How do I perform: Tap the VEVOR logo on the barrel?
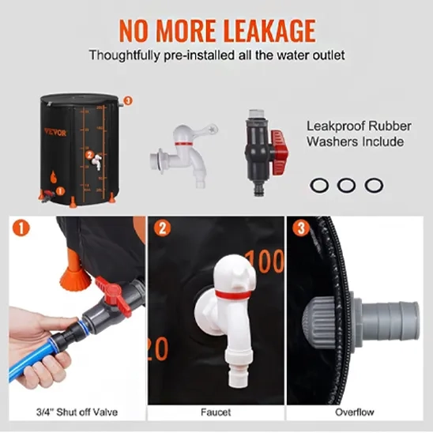[55, 132]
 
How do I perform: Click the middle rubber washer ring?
[346, 185]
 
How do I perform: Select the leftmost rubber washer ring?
[319, 185]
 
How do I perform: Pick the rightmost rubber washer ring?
[374, 185]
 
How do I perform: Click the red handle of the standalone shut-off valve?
[280, 152]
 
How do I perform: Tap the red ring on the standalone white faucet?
[183, 144]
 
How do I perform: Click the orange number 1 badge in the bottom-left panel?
[21, 228]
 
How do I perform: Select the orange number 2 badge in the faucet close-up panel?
[162, 228]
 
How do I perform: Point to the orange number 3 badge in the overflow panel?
[301, 228]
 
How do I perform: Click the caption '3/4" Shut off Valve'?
[77, 412]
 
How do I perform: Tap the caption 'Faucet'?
[216, 412]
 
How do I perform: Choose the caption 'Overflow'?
[355, 412]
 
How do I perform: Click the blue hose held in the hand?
[33, 359]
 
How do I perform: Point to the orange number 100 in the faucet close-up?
[265, 261]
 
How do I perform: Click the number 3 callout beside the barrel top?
[127, 100]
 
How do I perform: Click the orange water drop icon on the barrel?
[54, 177]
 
